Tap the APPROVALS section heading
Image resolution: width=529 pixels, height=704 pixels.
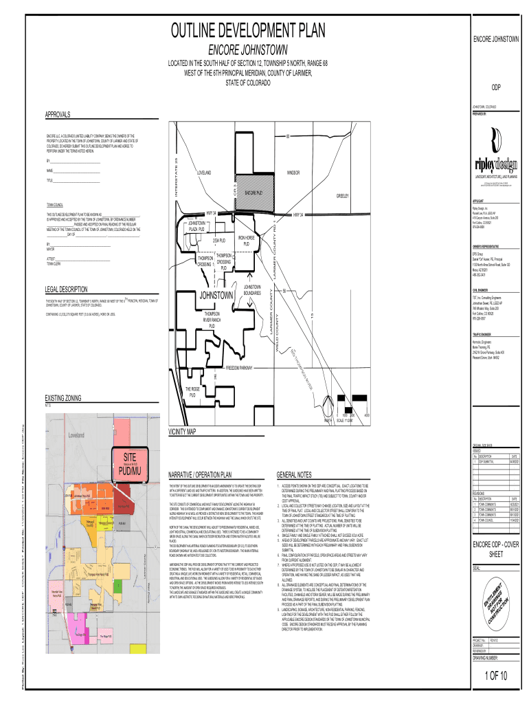coord(61,113)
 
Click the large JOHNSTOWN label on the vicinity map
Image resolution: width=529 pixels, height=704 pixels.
coord(216,296)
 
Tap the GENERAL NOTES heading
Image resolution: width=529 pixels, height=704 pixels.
coord(294,474)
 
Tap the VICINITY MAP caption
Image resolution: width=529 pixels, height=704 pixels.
coord(182,432)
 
